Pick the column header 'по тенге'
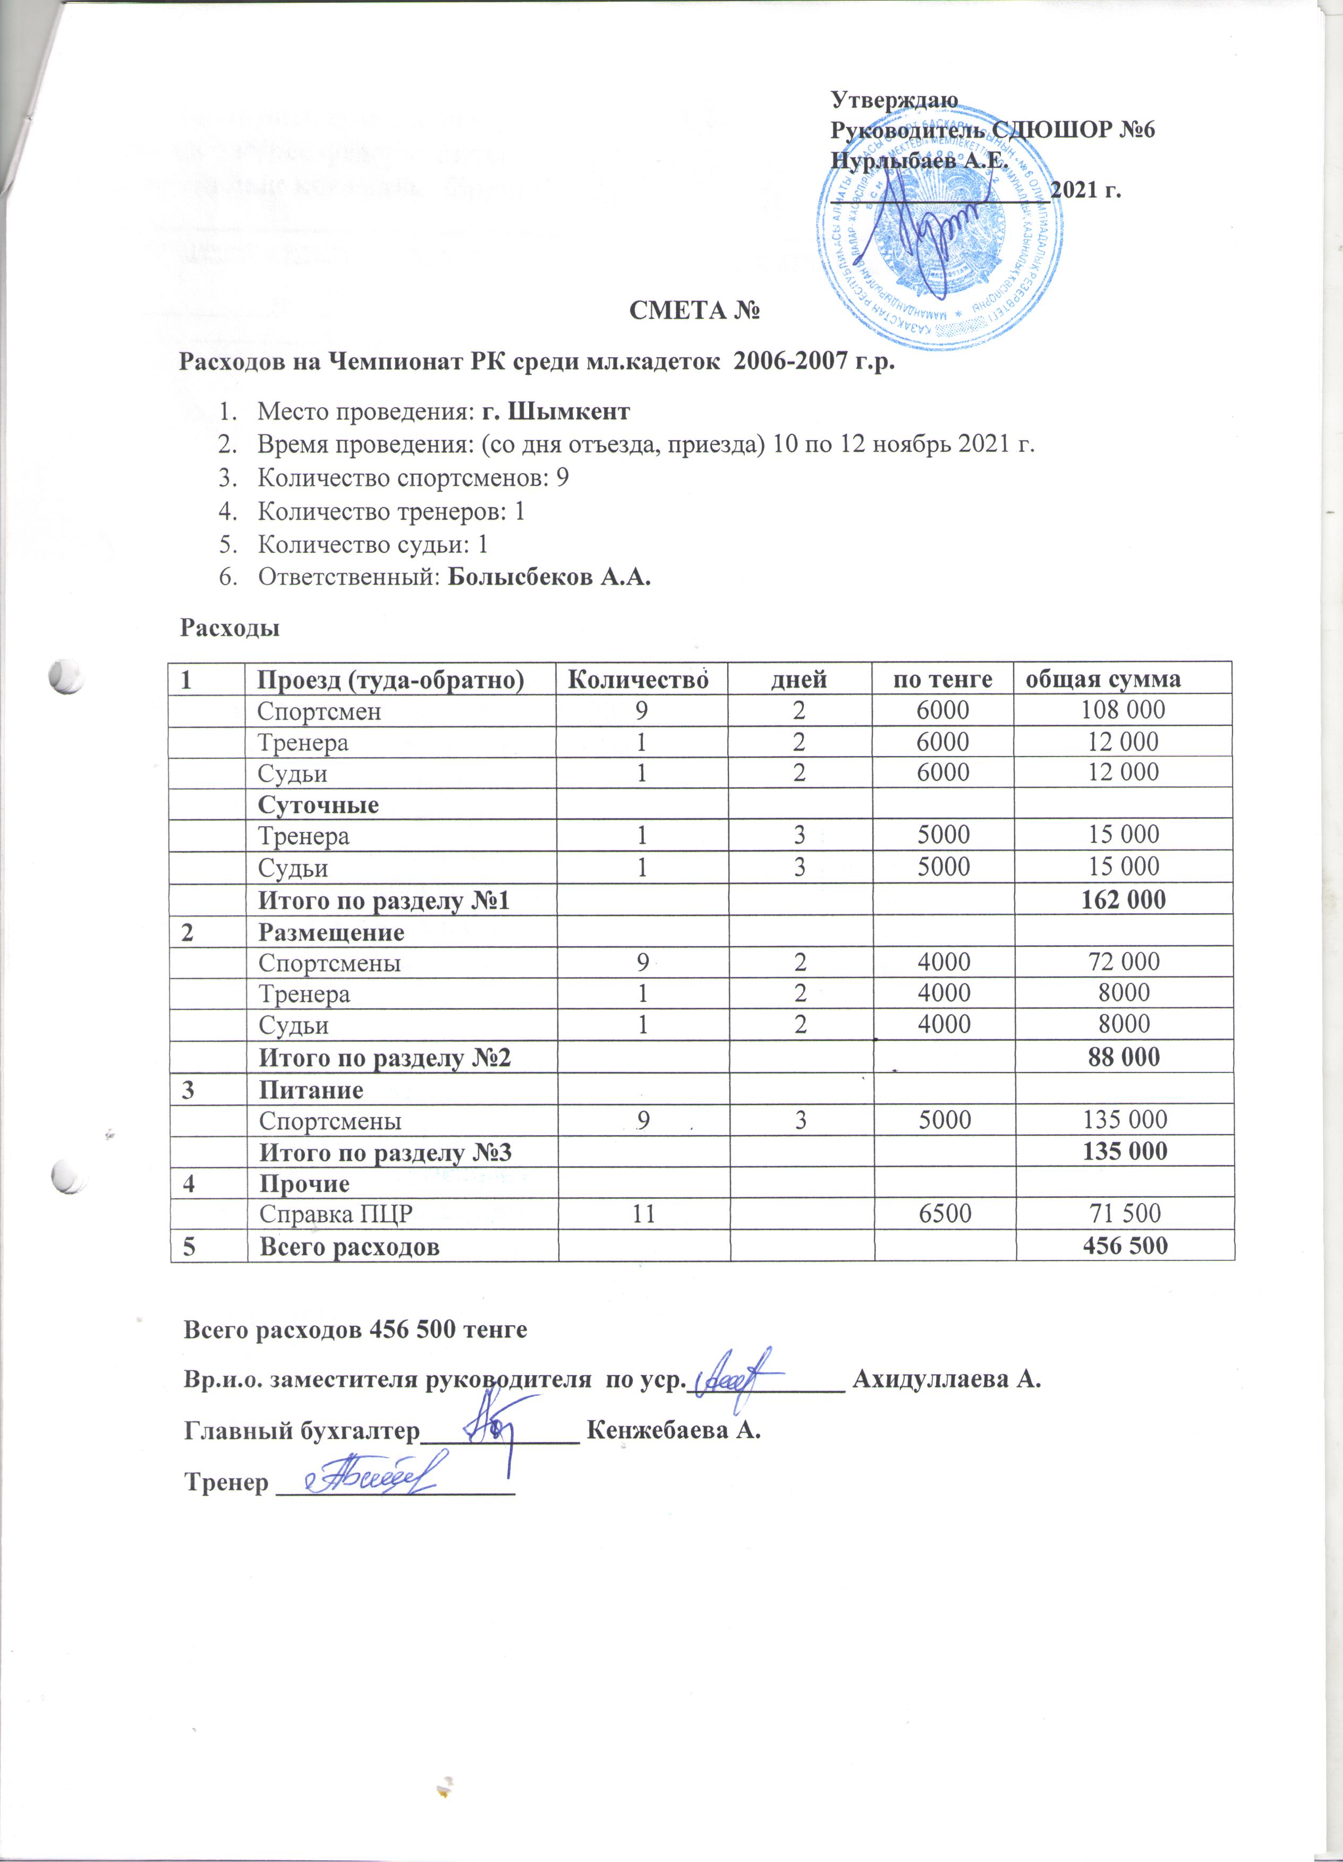942,679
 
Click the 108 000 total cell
1124,710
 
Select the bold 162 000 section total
1124,900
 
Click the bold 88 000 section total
1124,1057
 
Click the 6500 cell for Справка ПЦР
944,1213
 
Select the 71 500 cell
1124,1213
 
